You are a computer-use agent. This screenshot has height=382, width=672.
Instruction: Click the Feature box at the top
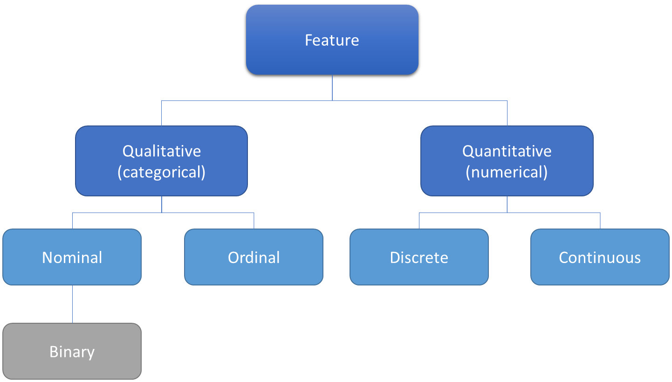tap(332, 40)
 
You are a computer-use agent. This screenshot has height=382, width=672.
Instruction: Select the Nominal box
tap(72, 257)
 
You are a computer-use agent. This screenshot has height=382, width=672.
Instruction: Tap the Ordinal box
tap(254, 257)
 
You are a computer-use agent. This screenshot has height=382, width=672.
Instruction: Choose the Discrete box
tap(419, 257)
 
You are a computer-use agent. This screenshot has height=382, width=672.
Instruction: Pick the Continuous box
tap(600, 257)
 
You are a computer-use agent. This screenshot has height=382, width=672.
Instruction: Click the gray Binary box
tap(72, 351)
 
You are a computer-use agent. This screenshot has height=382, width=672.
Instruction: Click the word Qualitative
tap(161, 151)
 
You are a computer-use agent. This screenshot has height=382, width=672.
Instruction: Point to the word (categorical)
tap(161, 172)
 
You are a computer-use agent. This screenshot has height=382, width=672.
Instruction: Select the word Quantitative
tap(507, 151)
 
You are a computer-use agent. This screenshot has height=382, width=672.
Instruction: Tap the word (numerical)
tap(507, 172)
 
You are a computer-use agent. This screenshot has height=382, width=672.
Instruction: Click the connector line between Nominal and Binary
tap(72, 304)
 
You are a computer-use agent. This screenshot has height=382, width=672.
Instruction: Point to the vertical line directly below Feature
tap(332, 88)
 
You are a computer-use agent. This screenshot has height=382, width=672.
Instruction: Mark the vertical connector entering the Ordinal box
tap(254, 221)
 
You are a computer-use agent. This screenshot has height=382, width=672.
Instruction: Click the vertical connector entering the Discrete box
tap(419, 221)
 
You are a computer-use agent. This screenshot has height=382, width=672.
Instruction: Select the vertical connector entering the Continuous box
tap(600, 221)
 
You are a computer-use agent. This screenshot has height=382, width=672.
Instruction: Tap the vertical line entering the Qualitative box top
tap(161, 113)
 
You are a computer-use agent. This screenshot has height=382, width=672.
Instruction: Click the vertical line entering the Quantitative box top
tap(507, 113)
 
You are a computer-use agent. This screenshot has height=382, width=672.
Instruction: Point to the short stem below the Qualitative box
tap(162, 204)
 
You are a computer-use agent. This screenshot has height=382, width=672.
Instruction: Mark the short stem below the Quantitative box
tap(507, 204)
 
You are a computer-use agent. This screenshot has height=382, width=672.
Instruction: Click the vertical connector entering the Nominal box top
tap(72, 221)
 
